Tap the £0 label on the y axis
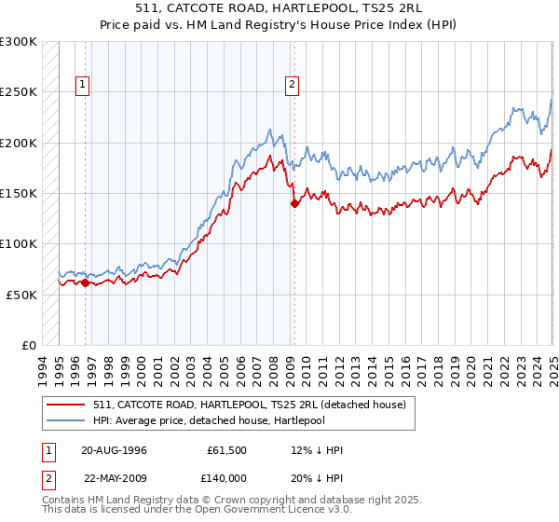click(x=29, y=345)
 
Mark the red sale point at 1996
click(x=85, y=282)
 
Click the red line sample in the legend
click(x=66, y=405)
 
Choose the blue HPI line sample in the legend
click(x=66, y=420)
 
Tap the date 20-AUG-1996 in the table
click(x=114, y=450)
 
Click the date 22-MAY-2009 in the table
click(x=114, y=476)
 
